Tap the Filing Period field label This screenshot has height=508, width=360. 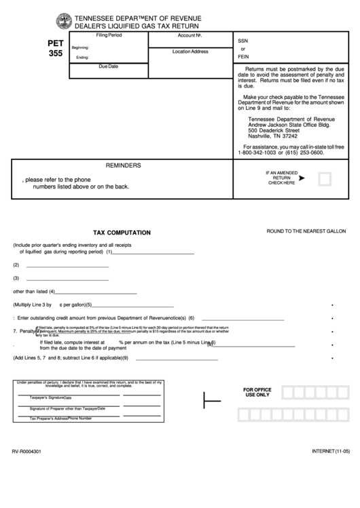[109, 34]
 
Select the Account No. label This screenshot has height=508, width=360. [191, 35]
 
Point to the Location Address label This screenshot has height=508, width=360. [190, 52]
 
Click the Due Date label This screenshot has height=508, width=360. [109, 66]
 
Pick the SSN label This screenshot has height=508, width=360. [242, 40]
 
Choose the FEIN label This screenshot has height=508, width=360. [244, 58]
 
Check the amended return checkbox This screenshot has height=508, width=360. [325, 179]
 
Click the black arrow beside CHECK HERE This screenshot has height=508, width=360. [302, 178]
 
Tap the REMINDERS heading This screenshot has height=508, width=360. [123, 165]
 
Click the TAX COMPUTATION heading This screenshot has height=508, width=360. [122, 233]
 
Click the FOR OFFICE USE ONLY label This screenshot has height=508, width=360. [257, 392]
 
